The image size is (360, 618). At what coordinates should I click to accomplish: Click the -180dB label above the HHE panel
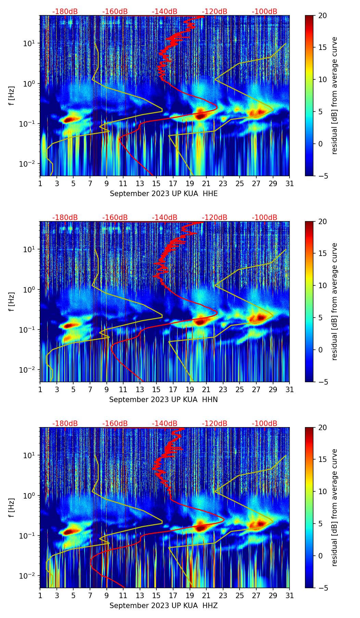coord(65,12)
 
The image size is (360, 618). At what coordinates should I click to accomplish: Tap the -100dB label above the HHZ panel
coord(265,424)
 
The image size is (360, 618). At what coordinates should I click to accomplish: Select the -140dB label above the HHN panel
coord(165,218)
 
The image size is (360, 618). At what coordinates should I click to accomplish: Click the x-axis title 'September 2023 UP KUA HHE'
coord(164,194)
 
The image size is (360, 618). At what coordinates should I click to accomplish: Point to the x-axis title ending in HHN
coord(164,400)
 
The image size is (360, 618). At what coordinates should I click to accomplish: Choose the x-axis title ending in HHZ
coord(164,606)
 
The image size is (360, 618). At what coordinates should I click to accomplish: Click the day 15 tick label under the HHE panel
coord(156,184)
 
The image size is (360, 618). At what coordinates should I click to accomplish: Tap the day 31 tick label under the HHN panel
coord(290,390)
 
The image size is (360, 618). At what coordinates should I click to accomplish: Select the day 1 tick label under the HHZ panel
coord(40,596)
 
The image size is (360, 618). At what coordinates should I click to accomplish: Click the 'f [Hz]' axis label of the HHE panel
coord(12,96)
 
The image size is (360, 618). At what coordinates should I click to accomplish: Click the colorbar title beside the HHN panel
coord(335,301)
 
